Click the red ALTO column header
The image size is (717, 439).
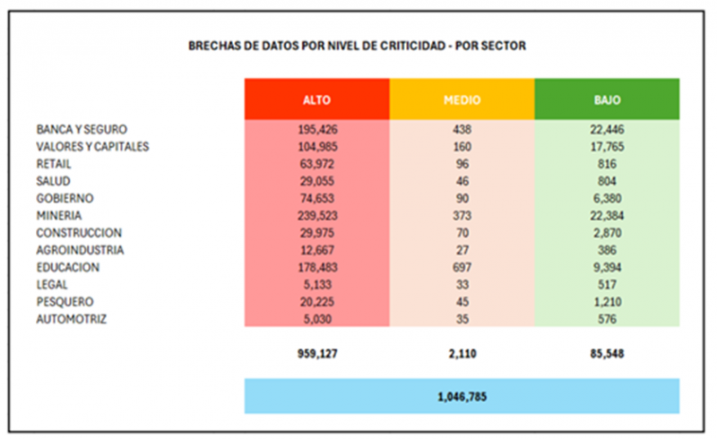pos(316,99)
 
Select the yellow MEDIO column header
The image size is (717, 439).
pos(462,99)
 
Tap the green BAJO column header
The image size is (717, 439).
pos(607,99)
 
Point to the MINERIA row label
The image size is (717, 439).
pos(59,216)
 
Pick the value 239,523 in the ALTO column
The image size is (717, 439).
pos(316,216)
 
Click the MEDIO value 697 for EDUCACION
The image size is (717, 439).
pos(462,267)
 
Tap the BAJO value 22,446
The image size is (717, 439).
pos(607,130)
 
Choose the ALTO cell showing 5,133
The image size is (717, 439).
pos(316,284)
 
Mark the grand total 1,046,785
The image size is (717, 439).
pos(462,396)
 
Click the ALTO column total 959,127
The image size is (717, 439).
pos(316,354)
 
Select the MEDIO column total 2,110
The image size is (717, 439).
pos(462,354)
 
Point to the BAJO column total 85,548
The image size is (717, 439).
pos(607,354)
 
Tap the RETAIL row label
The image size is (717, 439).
pos(54,164)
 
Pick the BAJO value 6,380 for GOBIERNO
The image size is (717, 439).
pos(607,198)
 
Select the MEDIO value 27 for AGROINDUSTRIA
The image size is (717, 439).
pos(462,250)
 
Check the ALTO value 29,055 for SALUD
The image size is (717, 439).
pos(316,181)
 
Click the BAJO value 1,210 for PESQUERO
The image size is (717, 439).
pos(607,301)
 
